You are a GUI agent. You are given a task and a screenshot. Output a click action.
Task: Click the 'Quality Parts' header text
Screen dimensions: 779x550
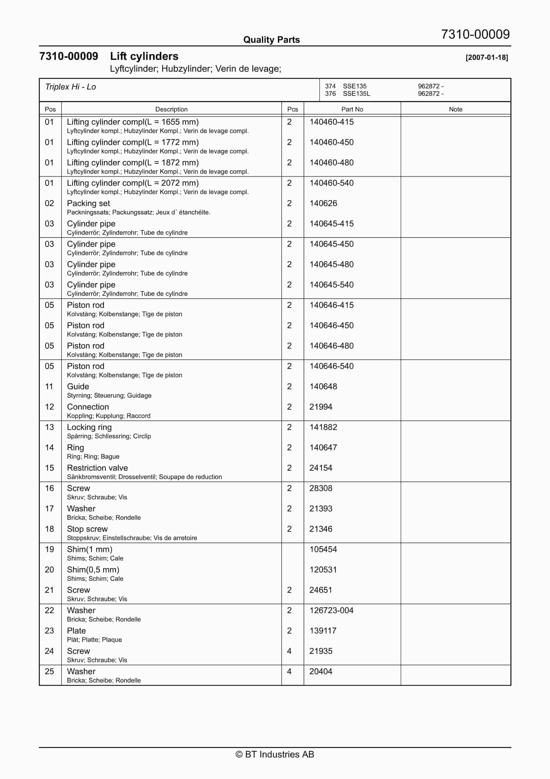pos(271,40)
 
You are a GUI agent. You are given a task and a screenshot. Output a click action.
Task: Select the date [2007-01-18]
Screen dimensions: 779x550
pos(487,57)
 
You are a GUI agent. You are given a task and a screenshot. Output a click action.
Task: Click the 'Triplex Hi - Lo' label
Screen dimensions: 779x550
pos(70,87)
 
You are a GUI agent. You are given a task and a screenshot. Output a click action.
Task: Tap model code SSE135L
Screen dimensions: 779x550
pos(356,94)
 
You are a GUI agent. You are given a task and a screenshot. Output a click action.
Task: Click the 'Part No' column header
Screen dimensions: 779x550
pos(352,109)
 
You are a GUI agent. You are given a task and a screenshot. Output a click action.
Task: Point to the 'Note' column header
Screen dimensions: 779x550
pos(455,109)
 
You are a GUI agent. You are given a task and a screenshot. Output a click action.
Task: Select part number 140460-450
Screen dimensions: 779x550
pos(331,142)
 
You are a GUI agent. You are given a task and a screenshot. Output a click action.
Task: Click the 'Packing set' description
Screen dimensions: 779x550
pos(89,203)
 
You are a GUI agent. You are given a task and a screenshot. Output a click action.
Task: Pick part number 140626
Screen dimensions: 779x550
pos(323,203)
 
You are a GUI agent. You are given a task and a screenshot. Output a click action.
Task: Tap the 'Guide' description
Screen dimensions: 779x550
pos(78,386)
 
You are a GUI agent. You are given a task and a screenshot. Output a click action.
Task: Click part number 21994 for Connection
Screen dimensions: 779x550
pos(321,407)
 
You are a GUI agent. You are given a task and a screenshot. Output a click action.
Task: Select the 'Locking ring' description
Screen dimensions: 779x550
pos(89,427)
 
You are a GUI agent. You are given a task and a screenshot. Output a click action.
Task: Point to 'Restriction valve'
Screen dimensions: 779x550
pos(97,468)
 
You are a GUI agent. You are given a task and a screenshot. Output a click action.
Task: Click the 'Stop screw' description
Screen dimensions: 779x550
pos(87,529)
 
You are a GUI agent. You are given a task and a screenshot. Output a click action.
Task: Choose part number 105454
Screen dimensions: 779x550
pos(323,549)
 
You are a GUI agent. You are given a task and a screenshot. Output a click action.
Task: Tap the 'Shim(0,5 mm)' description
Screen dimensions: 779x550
pos(93,570)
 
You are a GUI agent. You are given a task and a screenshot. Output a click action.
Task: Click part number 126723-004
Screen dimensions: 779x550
pos(331,610)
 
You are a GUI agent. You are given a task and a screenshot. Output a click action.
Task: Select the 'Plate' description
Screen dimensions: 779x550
pos(76,631)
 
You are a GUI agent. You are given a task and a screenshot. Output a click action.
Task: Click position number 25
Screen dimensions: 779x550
pos(49,671)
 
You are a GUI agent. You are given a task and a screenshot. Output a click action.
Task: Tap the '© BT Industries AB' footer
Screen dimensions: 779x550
pos(275,754)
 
